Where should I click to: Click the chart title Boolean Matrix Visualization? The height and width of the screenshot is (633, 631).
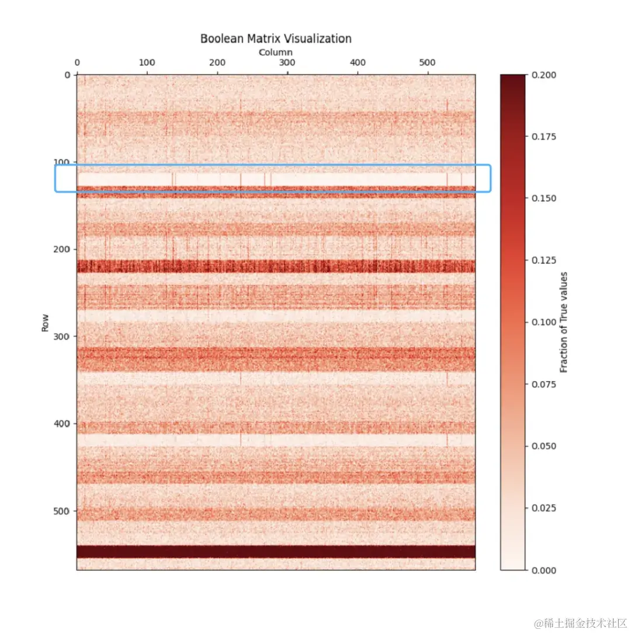276,39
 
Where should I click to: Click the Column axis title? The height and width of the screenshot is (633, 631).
276,53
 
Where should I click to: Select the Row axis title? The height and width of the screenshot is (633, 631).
46,323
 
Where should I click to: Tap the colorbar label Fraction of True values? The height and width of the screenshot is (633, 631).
564,322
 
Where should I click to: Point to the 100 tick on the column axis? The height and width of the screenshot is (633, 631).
147,63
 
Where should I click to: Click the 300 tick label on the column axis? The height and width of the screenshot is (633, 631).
287,63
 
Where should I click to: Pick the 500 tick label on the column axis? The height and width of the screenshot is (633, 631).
428,63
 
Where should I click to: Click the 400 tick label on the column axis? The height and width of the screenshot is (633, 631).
358,63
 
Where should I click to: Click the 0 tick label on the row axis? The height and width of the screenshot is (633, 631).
67,75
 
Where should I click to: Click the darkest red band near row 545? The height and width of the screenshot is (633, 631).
276,552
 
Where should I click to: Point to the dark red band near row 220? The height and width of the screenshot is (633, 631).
276,267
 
